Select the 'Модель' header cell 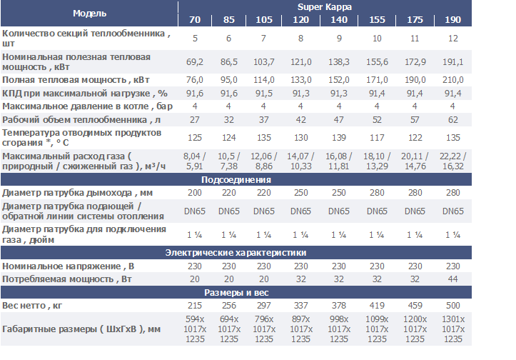pos(89,13)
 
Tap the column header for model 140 pos(339,19)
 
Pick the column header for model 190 pos(452,19)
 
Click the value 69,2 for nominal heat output pos(195,63)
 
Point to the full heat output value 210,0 pos(452,80)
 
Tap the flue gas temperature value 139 pos(339,137)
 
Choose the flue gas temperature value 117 pos(377,137)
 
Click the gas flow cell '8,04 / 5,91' pos(195,161)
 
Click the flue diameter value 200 pos(195,193)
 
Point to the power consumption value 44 pos(452,279)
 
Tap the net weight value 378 pos(339,306)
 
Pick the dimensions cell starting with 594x pos(195,329)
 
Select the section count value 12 pos(452,38)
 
